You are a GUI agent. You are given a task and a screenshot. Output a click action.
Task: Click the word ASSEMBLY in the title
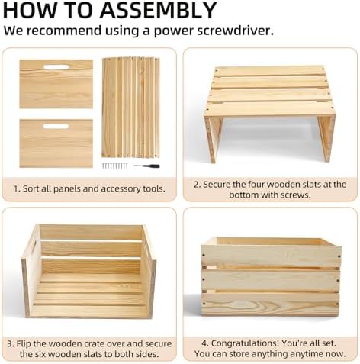158,10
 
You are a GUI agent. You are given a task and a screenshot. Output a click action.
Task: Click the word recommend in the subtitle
64,31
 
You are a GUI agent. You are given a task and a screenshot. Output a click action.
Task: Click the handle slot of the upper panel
56,67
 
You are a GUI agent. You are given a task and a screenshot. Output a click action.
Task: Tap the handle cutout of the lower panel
56,126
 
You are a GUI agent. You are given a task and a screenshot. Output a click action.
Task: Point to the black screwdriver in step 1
146,166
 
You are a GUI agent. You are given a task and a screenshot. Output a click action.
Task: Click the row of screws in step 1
114,166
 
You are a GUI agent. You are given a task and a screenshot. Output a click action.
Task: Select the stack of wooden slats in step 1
130,108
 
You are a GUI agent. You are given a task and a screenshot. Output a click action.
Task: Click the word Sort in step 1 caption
30,188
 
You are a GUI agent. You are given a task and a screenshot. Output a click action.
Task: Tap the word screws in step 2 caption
296,195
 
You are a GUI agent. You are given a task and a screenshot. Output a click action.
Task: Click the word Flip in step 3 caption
24,343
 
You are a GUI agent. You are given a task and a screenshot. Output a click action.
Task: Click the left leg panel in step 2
213,140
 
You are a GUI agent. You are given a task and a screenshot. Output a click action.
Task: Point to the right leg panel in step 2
326,139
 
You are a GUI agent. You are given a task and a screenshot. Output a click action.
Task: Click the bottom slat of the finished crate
271,304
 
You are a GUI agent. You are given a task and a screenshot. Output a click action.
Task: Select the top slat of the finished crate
271,255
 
